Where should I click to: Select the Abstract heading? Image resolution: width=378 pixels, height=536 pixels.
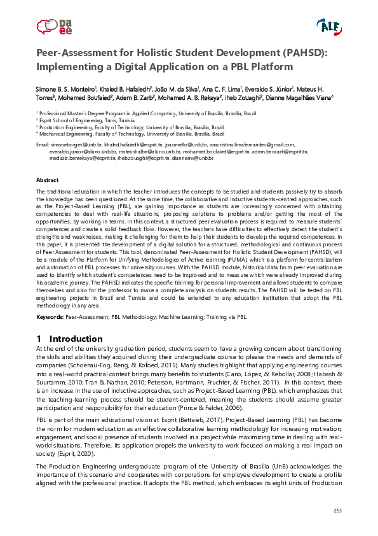(x=48, y=181)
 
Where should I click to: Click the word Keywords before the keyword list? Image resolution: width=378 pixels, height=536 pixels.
(x=50, y=316)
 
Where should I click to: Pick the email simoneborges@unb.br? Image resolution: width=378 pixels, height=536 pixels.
(x=74, y=145)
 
